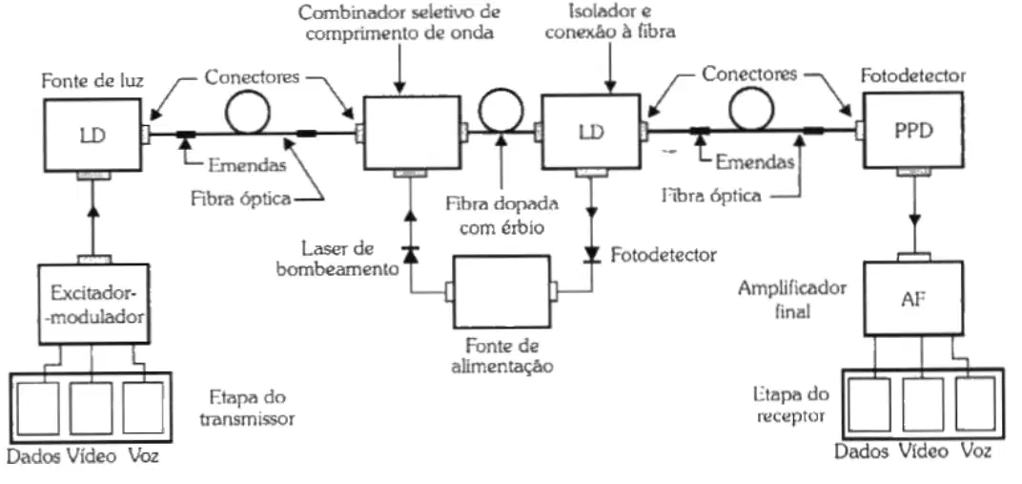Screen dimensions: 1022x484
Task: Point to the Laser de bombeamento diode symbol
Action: [x=410, y=254]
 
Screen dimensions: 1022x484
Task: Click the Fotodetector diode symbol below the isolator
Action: [x=592, y=253]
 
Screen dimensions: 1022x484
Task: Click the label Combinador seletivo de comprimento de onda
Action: [x=399, y=24]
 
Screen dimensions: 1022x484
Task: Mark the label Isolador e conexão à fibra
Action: [x=609, y=22]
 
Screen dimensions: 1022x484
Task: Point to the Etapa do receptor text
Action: [x=790, y=405]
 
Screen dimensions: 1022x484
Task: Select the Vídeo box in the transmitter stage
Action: [x=91, y=409]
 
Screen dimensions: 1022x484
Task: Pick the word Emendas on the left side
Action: [x=247, y=166]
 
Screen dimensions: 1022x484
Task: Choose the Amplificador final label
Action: [x=792, y=300]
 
